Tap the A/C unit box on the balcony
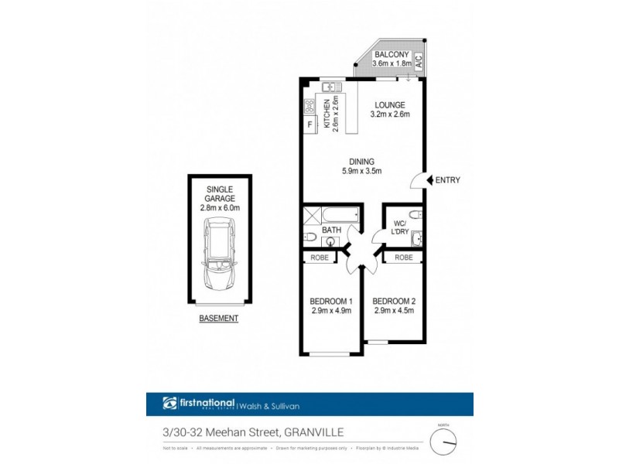click(418, 60)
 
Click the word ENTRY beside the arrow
click(447, 180)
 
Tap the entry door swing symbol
click(418, 179)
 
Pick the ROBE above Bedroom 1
click(320, 258)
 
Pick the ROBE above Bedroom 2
click(403, 258)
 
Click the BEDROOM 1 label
click(331, 301)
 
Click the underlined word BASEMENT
click(219, 319)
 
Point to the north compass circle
click(444, 441)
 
